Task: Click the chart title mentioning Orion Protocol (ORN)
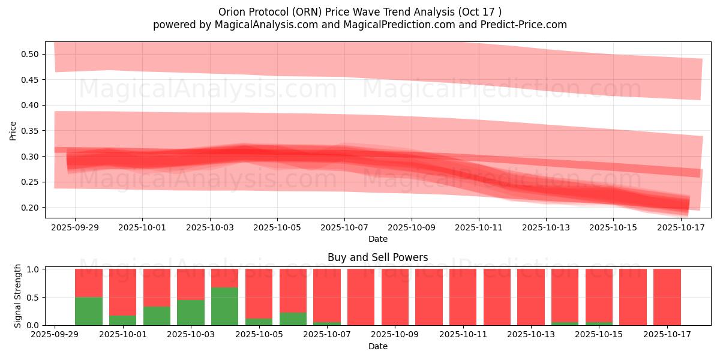[x=360, y=12]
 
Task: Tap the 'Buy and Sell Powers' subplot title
[x=377, y=257]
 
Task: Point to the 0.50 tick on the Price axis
[x=31, y=54]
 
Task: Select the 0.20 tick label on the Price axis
[x=31, y=208]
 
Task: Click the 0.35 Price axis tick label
[x=31, y=131]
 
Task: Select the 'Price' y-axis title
[x=13, y=130]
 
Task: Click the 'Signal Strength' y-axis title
[x=18, y=296]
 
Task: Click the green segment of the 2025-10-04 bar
[x=224, y=306]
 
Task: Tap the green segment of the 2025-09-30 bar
[x=89, y=311]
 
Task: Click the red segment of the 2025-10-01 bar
[x=123, y=292]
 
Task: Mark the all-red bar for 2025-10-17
[x=667, y=297]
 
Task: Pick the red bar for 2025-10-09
[x=395, y=297]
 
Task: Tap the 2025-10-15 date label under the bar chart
[x=598, y=335]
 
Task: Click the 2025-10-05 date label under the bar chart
[x=259, y=335]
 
